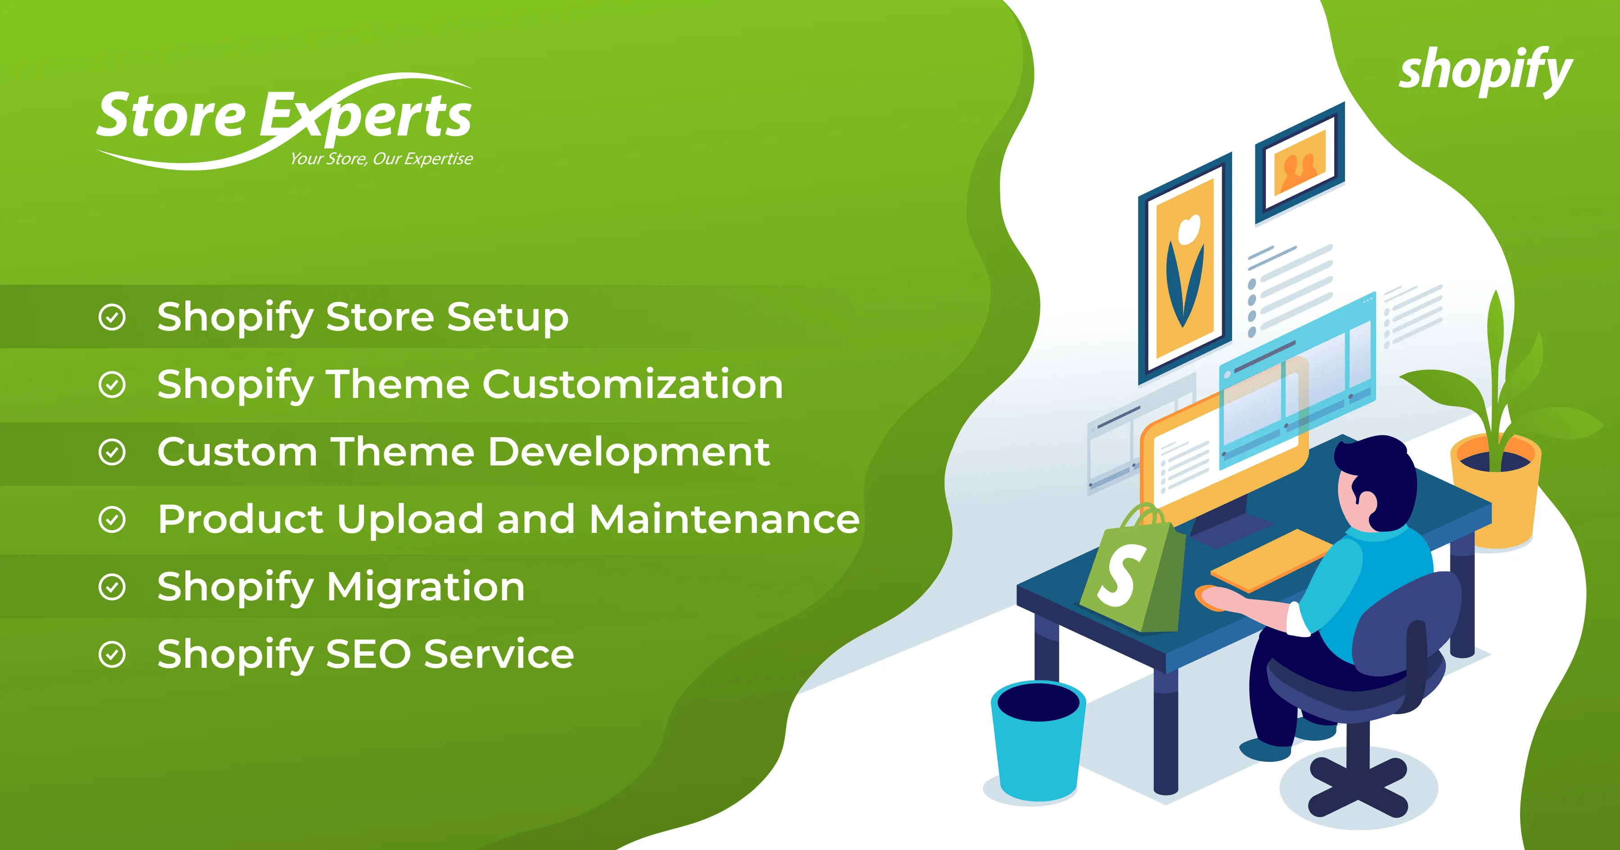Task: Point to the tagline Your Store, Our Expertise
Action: (381, 159)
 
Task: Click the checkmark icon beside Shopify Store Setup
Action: (112, 317)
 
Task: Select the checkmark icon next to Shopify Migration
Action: (112, 587)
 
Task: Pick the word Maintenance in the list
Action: (724, 520)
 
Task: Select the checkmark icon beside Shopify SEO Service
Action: (112, 655)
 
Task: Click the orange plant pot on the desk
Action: (1496, 490)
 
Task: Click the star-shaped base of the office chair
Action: (1359, 786)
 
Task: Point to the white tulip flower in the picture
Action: (1188, 229)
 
